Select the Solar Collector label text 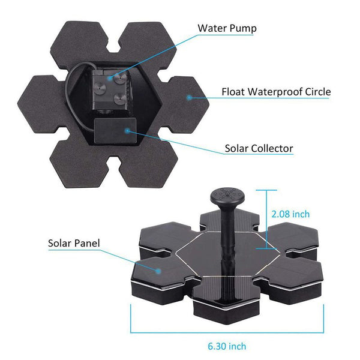point(259,148)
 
